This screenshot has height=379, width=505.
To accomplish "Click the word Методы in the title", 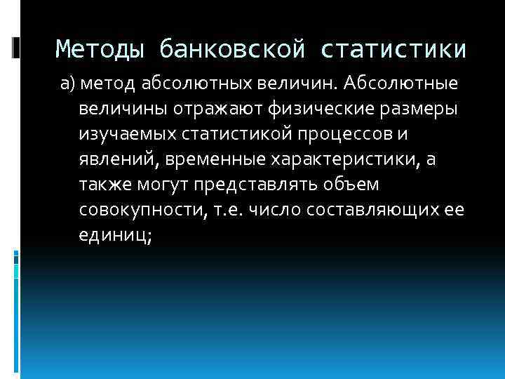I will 100,49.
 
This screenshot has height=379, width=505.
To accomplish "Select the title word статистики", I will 394,49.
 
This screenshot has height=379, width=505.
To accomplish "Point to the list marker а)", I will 67,85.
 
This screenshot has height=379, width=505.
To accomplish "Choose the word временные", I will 215,161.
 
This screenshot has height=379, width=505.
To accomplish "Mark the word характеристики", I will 346,161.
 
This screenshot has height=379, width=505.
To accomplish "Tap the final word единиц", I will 114,237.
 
